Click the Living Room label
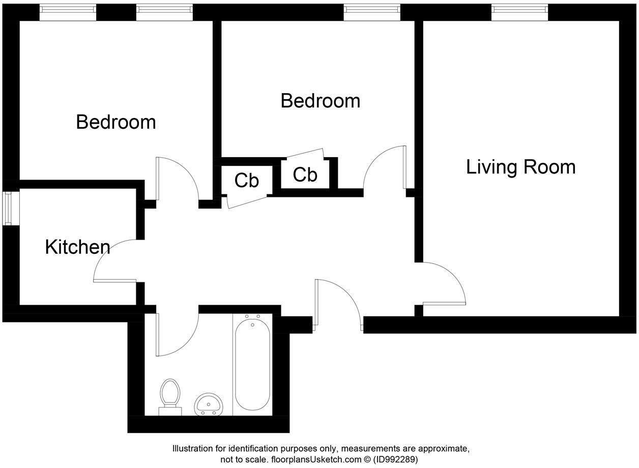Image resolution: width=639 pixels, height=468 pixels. [x=520, y=167]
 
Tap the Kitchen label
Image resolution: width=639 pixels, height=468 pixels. [x=77, y=247]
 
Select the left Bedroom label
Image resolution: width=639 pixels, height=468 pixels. [x=115, y=122]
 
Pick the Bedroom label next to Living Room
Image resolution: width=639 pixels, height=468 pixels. [x=320, y=101]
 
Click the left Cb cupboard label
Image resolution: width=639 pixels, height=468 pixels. [x=247, y=180]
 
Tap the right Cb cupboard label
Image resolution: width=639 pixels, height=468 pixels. [x=305, y=174]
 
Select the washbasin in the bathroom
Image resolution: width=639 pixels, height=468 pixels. [x=208, y=404]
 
